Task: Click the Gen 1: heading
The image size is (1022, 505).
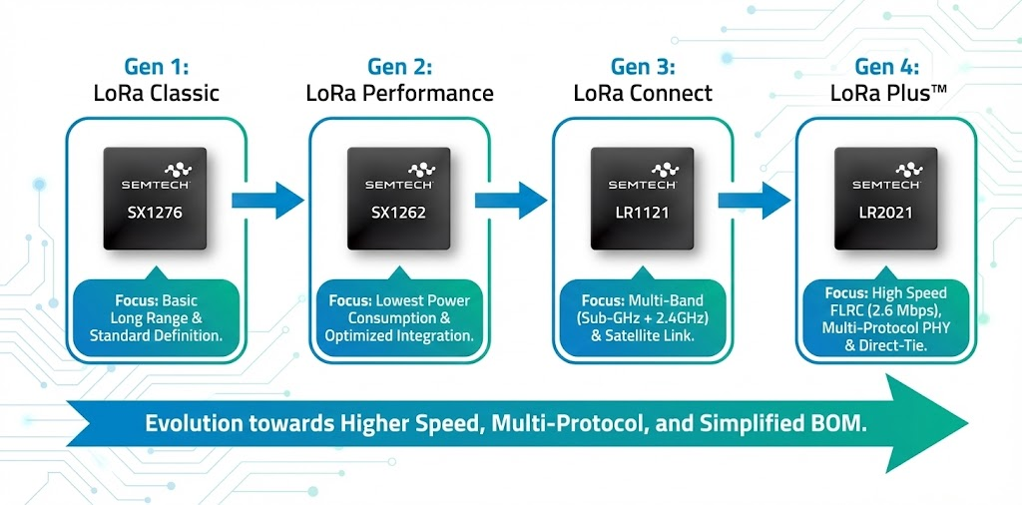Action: point(156,67)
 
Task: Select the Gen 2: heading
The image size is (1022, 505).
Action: point(399,67)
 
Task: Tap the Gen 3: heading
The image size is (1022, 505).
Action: point(643,67)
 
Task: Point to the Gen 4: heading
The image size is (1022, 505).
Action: point(886,67)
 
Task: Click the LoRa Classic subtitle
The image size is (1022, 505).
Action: point(156,94)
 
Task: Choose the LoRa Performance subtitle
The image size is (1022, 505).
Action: point(399,94)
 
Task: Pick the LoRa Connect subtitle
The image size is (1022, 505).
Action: point(643,94)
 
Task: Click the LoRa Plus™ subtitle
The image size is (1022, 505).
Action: point(886,94)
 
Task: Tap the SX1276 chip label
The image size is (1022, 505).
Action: point(155,214)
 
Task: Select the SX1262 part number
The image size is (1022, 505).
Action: point(398,214)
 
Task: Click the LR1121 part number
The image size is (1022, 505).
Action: point(642,214)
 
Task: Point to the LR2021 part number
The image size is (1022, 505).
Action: point(885,214)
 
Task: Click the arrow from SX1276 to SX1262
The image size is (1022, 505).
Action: point(266,200)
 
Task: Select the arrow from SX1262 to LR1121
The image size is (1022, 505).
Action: point(510,200)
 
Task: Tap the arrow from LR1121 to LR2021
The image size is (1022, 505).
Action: point(754,200)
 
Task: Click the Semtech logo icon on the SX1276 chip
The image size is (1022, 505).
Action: point(155,170)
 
